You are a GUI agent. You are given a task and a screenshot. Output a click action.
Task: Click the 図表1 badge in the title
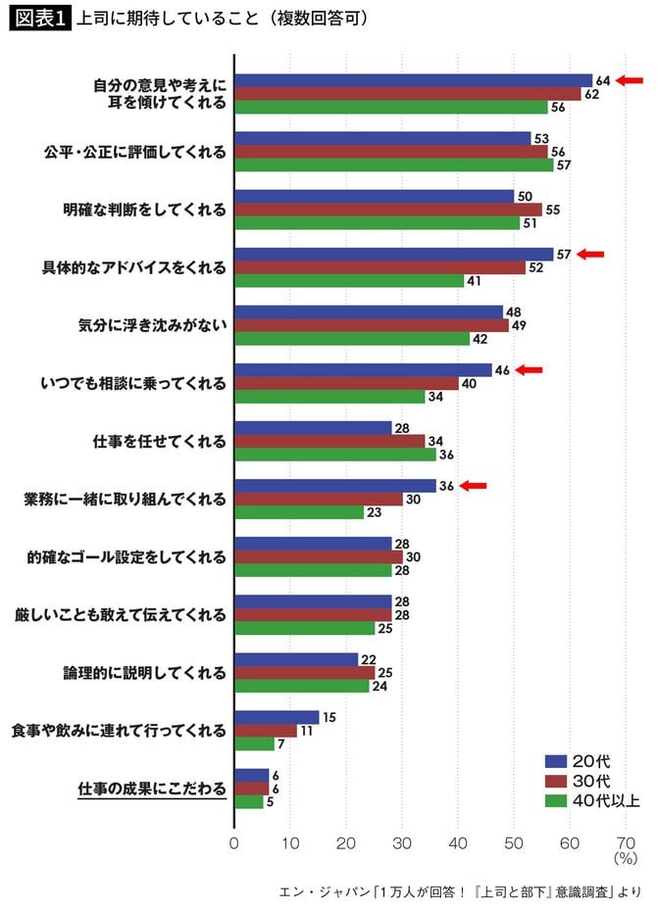(x=39, y=19)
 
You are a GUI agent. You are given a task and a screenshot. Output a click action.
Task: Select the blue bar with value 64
(x=413, y=80)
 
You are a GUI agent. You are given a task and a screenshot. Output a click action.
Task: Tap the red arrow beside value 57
(x=591, y=254)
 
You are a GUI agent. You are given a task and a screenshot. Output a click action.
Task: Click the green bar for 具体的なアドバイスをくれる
(x=348, y=281)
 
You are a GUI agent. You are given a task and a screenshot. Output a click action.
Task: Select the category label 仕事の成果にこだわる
(x=152, y=789)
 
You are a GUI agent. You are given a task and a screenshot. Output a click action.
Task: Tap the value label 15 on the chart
(x=328, y=717)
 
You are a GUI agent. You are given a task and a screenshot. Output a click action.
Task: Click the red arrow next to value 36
(x=474, y=485)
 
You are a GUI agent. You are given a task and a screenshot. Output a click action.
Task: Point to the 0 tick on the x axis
(x=233, y=841)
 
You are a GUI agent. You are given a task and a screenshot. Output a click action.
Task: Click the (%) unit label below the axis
(x=625, y=857)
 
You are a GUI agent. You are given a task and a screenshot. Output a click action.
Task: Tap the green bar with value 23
(x=298, y=512)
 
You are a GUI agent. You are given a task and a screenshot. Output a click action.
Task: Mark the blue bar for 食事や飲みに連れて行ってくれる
(x=277, y=717)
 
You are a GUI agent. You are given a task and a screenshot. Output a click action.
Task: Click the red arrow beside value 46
(x=530, y=369)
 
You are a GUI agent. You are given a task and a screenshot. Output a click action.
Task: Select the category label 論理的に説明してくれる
(x=146, y=673)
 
